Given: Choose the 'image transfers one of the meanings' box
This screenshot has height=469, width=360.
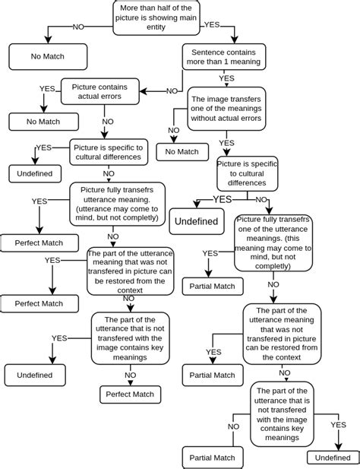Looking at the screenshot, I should pos(226,109).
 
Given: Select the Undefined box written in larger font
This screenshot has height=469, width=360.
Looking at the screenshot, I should pos(197,221).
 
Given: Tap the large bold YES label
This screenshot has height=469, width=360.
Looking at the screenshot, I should pos(223,199).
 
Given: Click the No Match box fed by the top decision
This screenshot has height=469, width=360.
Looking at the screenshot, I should pos(48,56).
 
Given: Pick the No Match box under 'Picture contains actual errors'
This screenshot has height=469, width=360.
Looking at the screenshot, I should pos(43,121).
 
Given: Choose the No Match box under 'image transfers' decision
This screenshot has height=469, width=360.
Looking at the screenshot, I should pos(182,152).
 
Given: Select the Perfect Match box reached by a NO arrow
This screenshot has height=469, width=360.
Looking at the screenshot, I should pos(130,394).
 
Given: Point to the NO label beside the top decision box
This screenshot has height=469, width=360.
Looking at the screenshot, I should pos(78,27).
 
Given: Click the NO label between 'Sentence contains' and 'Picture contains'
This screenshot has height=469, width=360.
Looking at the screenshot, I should pos(172,91).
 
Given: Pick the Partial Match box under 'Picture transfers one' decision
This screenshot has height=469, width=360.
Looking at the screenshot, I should pos(213,286).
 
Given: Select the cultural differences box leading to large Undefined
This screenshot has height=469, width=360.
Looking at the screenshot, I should pos(247,173).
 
